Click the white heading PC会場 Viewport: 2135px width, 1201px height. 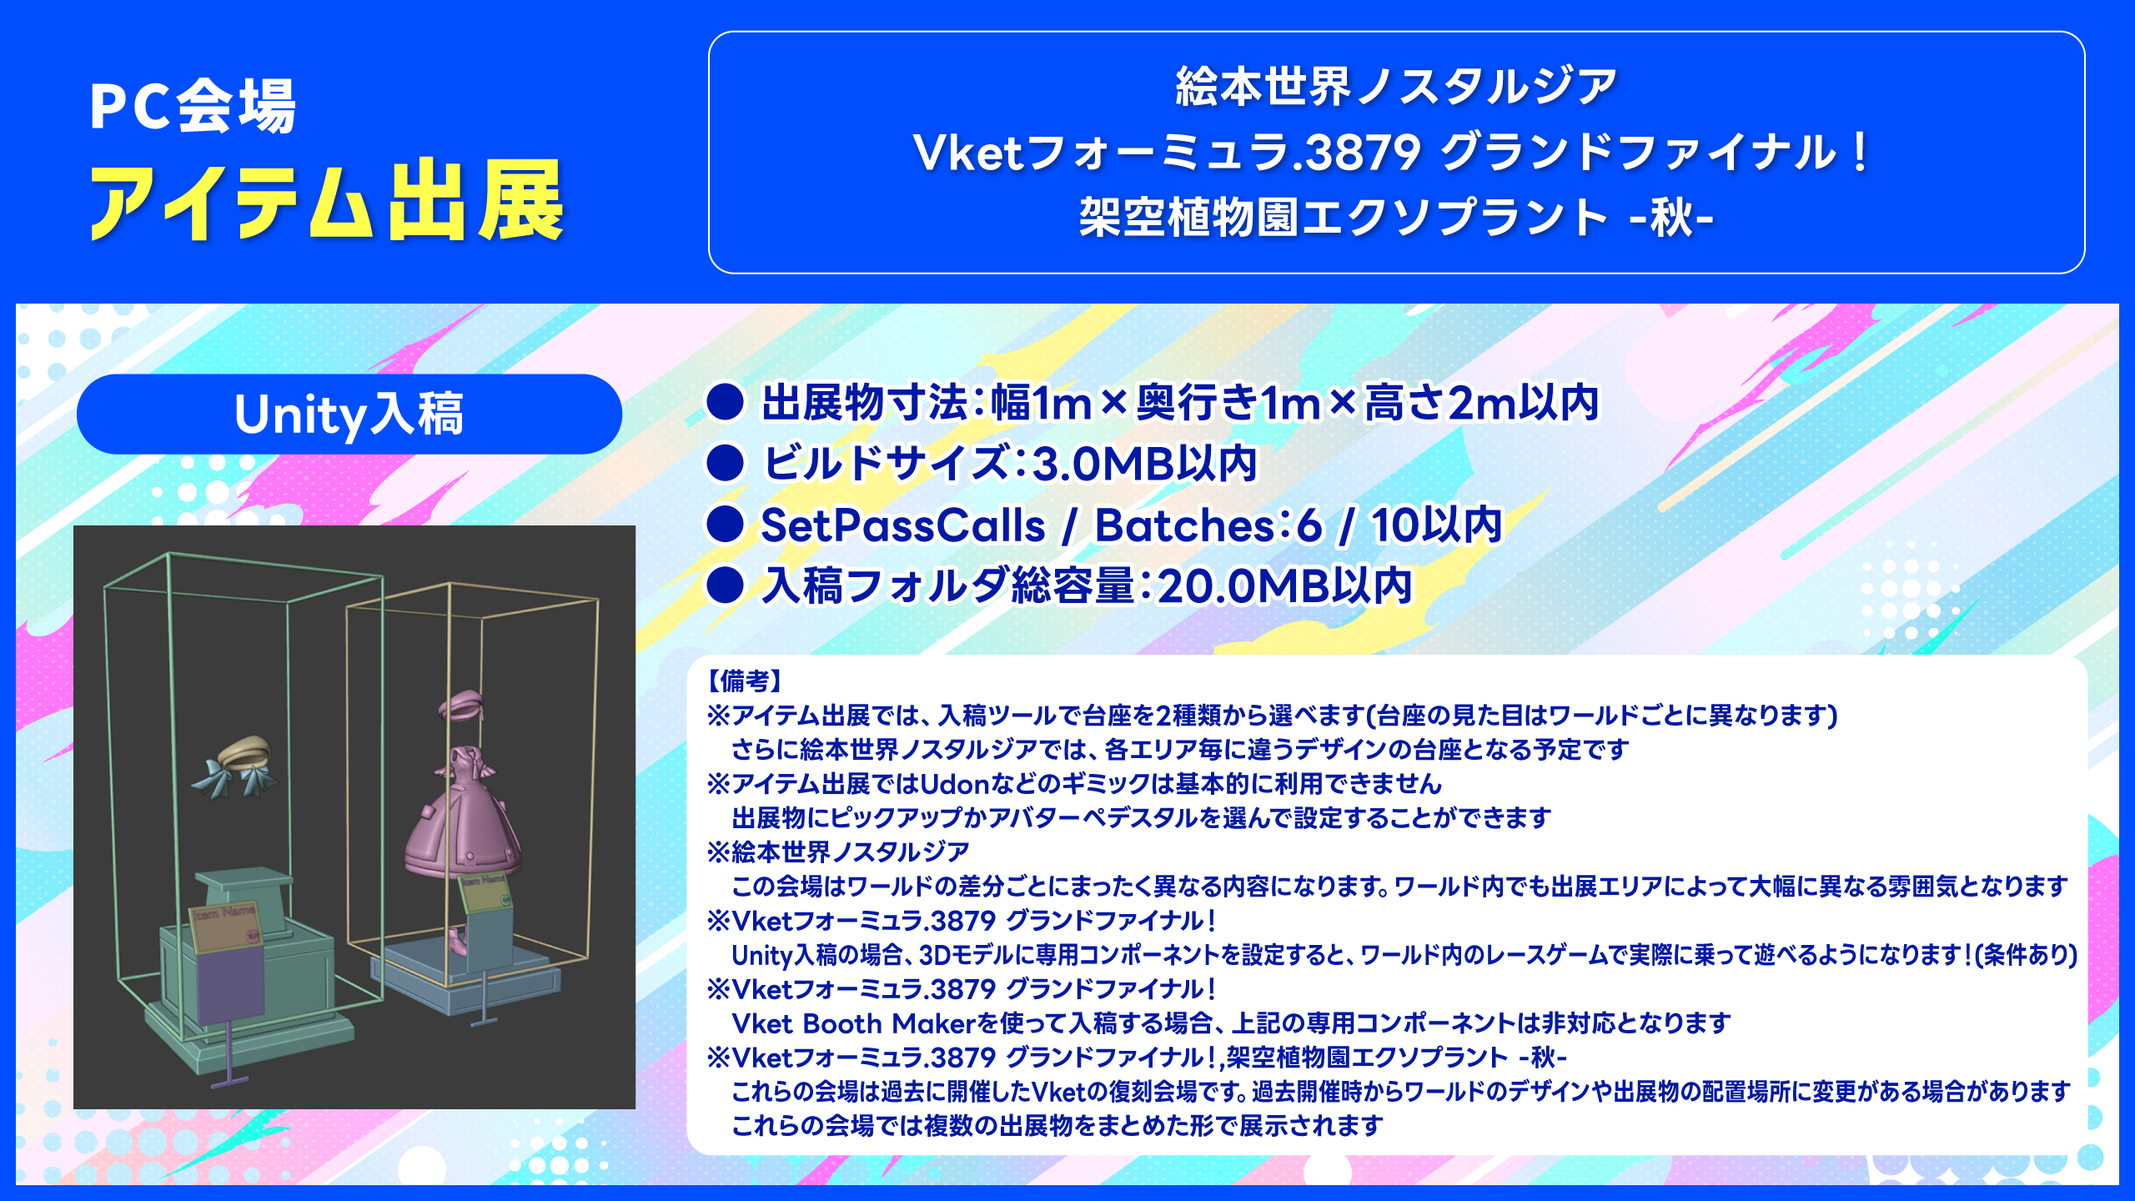point(193,106)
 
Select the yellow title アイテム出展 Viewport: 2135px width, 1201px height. point(328,202)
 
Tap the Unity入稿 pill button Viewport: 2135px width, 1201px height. point(349,415)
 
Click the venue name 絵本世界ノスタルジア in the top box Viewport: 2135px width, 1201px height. point(1396,87)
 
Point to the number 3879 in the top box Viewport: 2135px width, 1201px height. point(1363,153)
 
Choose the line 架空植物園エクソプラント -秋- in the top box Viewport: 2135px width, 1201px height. point(1396,217)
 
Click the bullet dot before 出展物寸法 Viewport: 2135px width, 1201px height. point(725,402)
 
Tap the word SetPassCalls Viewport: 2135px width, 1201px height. point(903,525)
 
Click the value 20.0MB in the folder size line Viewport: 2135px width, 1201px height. point(1243,585)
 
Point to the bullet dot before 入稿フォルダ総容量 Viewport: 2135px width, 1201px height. point(725,585)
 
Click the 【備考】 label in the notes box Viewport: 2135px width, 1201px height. point(745,681)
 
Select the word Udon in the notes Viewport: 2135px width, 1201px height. point(954,784)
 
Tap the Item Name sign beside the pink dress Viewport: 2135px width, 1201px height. point(485,892)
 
